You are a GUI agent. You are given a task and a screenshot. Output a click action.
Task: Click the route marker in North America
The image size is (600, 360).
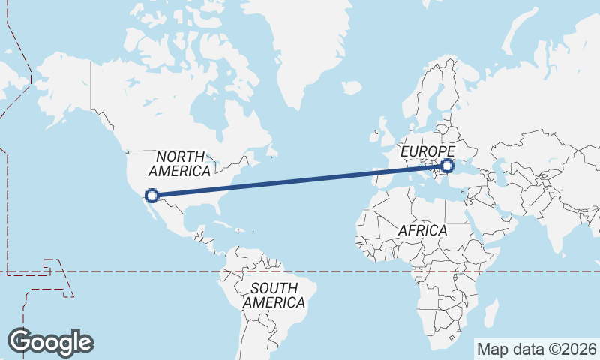152,196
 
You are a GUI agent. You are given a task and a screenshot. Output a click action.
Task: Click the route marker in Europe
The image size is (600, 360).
448,166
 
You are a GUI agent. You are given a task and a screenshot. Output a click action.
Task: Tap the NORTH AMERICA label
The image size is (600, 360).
181,163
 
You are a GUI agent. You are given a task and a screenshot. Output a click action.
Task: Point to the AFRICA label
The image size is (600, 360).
422,230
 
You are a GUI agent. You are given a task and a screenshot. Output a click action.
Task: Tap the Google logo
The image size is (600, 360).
50,341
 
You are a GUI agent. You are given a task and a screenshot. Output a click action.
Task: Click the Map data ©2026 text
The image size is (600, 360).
536,349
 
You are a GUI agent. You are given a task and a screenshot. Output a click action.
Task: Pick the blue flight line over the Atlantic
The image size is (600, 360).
300,181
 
